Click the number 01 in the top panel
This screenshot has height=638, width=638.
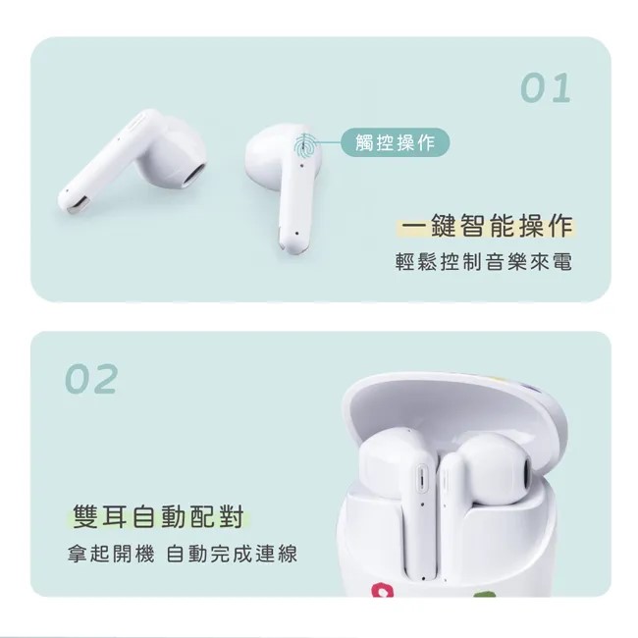[x=546, y=88]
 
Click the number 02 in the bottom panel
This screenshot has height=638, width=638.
[x=91, y=379]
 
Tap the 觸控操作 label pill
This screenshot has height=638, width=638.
[x=396, y=142]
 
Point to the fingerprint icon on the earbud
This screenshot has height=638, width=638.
[x=304, y=146]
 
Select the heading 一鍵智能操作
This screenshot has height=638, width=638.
[x=487, y=226]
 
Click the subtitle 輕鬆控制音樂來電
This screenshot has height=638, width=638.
[x=484, y=261]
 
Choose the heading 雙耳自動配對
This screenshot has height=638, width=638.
[x=158, y=516]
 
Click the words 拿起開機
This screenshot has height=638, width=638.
[x=111, y=555]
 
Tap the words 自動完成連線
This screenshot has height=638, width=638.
[x=232, y=555]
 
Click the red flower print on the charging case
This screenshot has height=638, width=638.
[x=382, y=590]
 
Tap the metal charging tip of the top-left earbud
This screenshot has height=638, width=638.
[x=77, y=206]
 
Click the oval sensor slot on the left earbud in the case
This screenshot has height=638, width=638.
[x=421, y=479]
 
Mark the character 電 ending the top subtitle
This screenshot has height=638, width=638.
[x=563, y=261]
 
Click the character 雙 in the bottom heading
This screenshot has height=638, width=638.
[x=85, y=516]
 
